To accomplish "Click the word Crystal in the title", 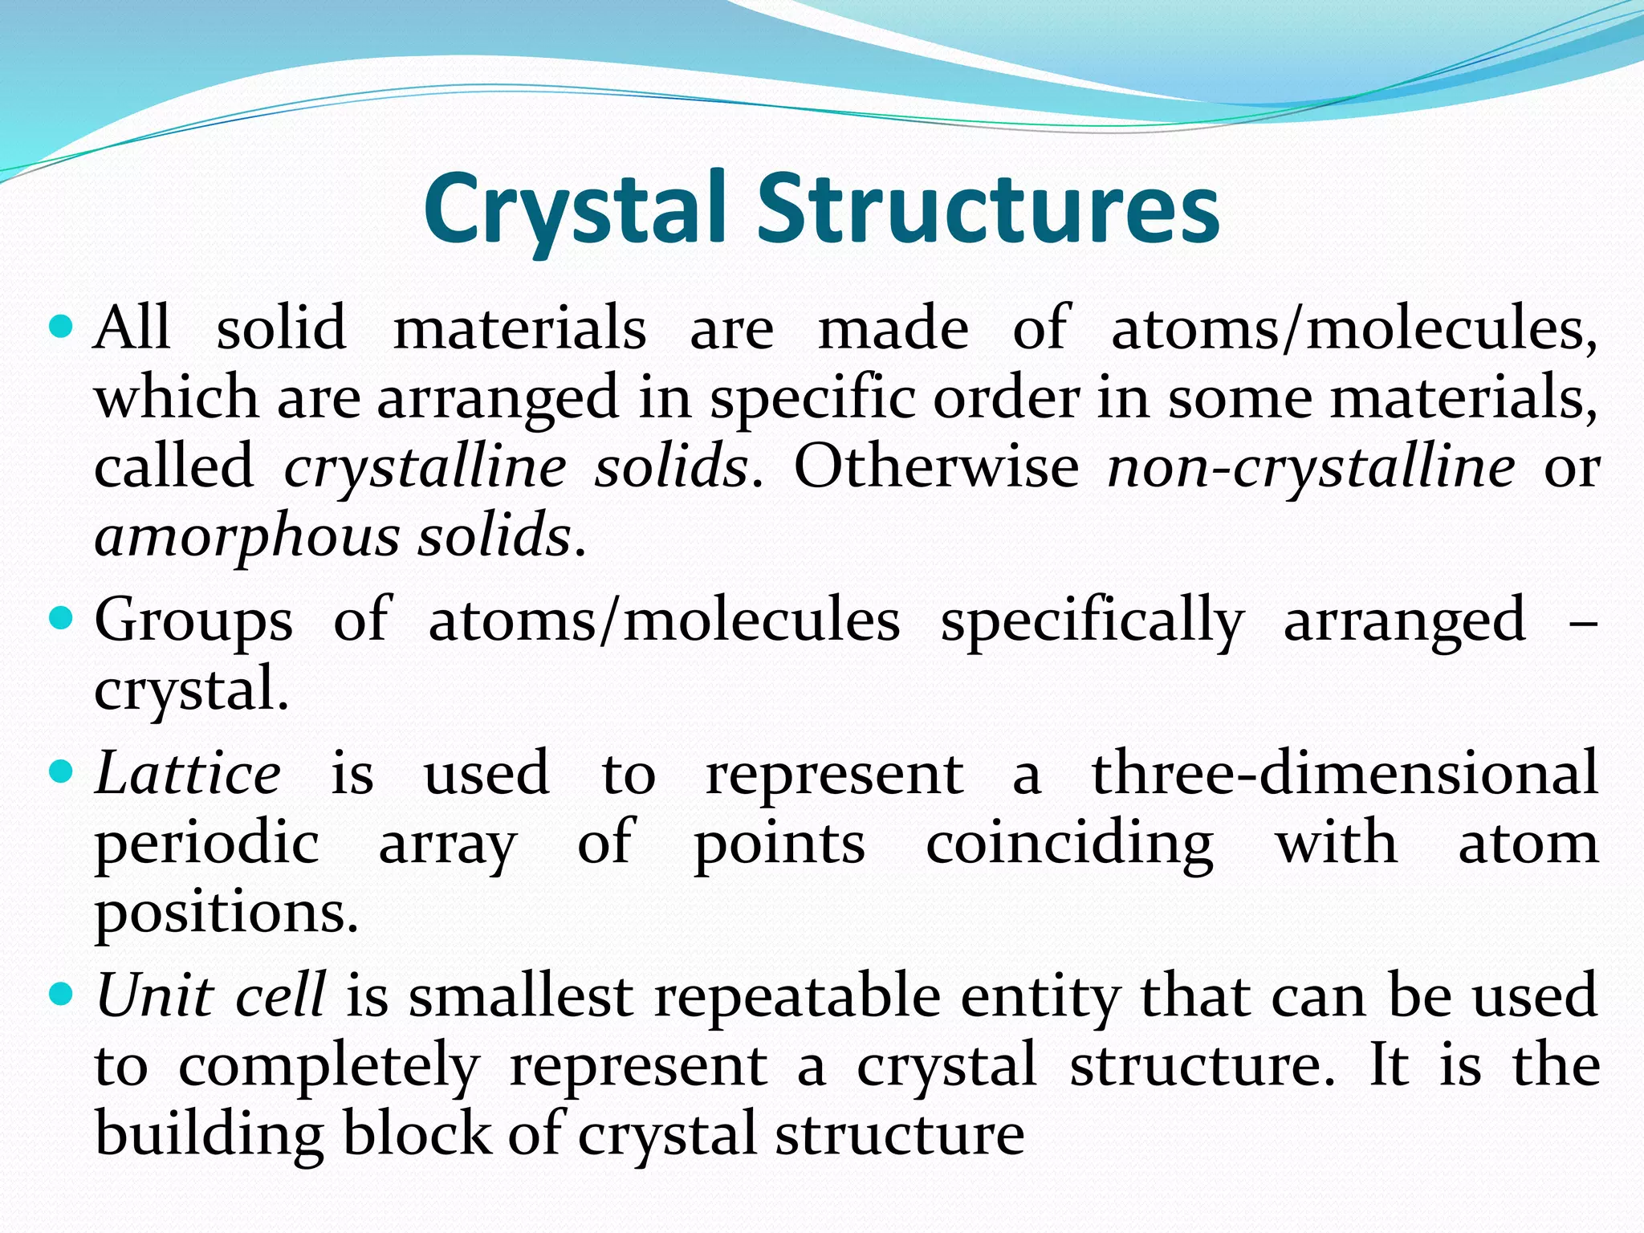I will tap(575, 210).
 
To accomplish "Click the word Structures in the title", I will tap(988, 210).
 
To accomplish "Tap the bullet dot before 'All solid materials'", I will tap(61, 328).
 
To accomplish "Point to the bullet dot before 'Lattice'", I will tap(61, 773).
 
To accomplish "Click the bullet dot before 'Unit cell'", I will tap(61, 995).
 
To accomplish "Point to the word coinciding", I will tap(1069, 844).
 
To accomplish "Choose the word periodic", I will tap(207, 844).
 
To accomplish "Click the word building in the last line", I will tap(209, 1133).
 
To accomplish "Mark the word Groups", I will tap(193, 622).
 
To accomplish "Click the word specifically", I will tap(1092, 622).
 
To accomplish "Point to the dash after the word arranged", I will tap(1582, 623).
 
